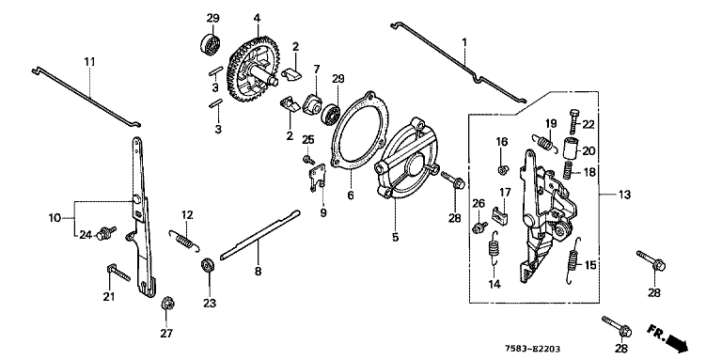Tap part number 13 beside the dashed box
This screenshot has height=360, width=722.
(x=623, y=195)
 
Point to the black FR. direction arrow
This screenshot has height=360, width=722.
(x=676, y=342)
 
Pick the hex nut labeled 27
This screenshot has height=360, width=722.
(x=166, y=304)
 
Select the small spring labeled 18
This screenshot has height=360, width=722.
(x=570, y=171)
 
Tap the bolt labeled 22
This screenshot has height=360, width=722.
(x=574, y=121)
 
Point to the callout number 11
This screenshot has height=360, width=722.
(x=89, y=61)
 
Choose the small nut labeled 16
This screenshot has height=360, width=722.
(x=503, y=169)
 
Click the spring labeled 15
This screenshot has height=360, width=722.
(x=573, y=260)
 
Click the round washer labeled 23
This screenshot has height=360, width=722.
(x=208, y=267)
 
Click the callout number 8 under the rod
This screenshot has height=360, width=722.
(x=258, y=272)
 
